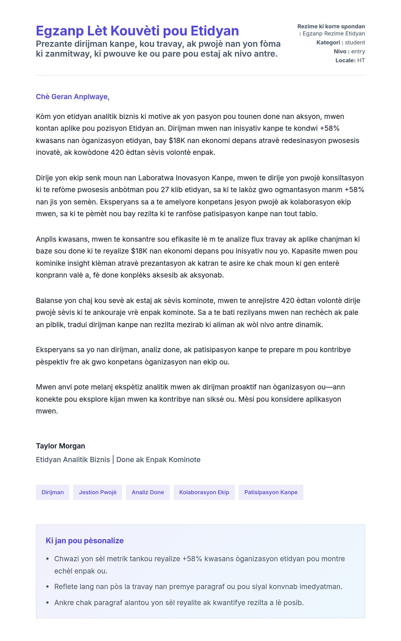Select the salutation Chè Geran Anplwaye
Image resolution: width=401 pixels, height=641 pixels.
(73, 97)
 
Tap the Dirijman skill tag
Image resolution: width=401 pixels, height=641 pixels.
(53, 492)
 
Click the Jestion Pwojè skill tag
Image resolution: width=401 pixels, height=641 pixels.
(98, 492)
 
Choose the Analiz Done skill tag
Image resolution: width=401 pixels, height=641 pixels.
(148, 492)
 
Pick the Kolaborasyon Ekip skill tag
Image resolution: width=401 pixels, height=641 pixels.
(204, 492)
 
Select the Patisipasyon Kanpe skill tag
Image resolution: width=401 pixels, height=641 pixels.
(271, 492)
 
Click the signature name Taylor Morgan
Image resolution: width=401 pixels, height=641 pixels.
(60, 446)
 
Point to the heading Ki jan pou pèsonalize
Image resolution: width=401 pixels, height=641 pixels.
(85, 540)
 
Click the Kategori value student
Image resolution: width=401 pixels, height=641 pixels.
(355, 42)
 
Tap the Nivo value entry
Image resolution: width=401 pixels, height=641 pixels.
(358, 51)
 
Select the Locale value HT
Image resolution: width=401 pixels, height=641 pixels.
(361, 60)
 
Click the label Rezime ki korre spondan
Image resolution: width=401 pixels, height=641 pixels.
(331, 26)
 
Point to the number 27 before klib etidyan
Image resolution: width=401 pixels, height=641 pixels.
(165, 190)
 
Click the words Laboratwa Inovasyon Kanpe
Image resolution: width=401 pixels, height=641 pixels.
(186, 178)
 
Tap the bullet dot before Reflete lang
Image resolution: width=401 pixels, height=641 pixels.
(47, 587)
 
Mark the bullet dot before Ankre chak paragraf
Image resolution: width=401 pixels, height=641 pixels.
(47, 603)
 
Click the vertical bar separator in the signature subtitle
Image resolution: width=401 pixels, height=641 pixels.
(113, 460)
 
